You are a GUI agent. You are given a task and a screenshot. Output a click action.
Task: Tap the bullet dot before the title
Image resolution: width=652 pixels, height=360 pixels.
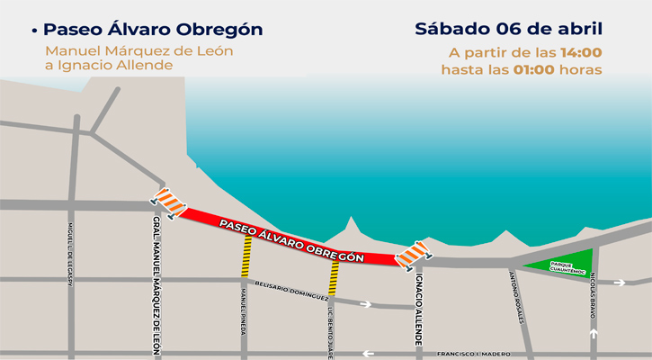click(33, 31)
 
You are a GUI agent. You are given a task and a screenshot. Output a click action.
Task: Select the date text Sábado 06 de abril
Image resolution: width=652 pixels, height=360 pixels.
click(508, 28)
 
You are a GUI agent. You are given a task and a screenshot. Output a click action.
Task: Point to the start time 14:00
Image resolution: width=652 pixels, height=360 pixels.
click(581, 52)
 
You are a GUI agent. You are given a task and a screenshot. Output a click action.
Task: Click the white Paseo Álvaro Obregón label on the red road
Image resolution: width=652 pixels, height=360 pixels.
click(292, 238)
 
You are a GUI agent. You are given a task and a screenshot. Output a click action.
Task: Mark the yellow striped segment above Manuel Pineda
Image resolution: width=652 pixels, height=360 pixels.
click(245, 262)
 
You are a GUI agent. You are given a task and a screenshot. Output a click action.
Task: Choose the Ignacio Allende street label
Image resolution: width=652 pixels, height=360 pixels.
click(419, 310)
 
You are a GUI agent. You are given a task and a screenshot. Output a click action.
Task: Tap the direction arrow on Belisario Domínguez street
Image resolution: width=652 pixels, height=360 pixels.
click(366, 304)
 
